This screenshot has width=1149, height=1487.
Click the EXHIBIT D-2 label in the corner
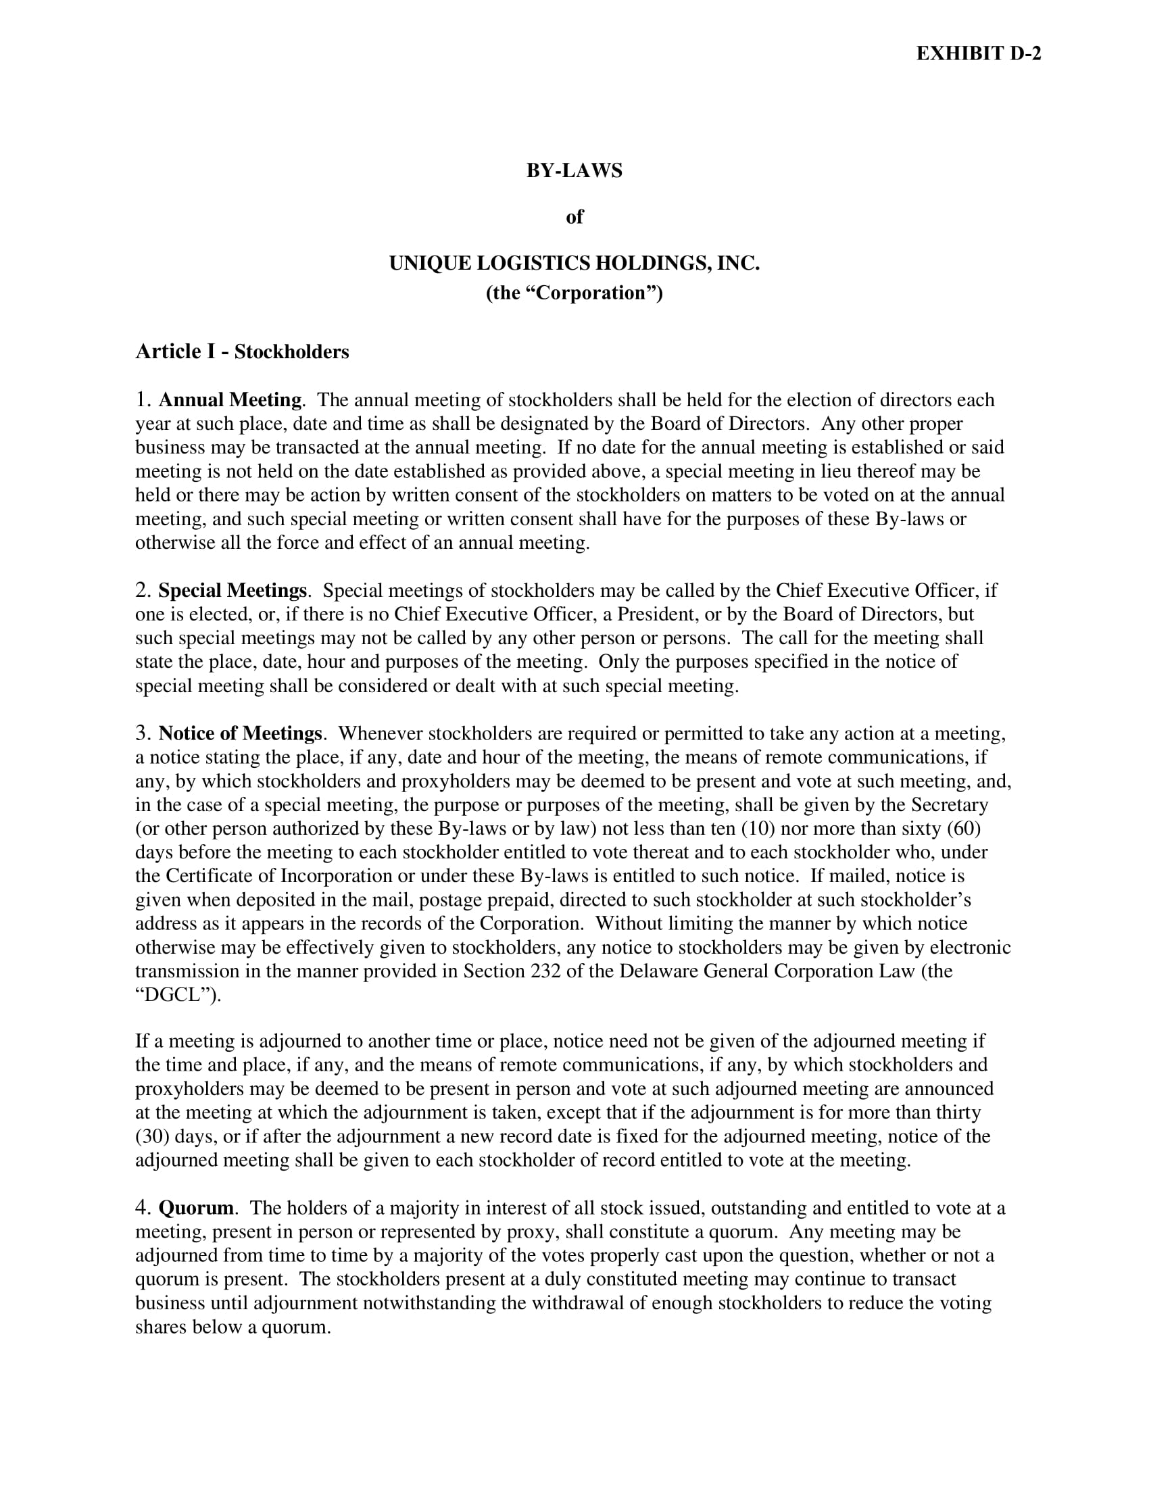point(978,54)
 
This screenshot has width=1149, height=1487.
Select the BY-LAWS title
point(574,171)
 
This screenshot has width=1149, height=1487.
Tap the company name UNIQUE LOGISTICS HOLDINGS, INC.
point(574,264)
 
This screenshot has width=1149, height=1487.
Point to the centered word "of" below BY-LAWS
point(574,217)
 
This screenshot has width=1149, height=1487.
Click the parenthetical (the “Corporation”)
point(574,293)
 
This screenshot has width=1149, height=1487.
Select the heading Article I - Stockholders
point(242,352)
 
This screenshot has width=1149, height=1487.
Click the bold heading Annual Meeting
point(230,400)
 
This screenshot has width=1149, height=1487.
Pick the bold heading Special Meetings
point(232,590)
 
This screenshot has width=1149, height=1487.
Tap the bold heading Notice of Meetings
point(240,734)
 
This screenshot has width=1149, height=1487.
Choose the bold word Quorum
point(196,1209)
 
